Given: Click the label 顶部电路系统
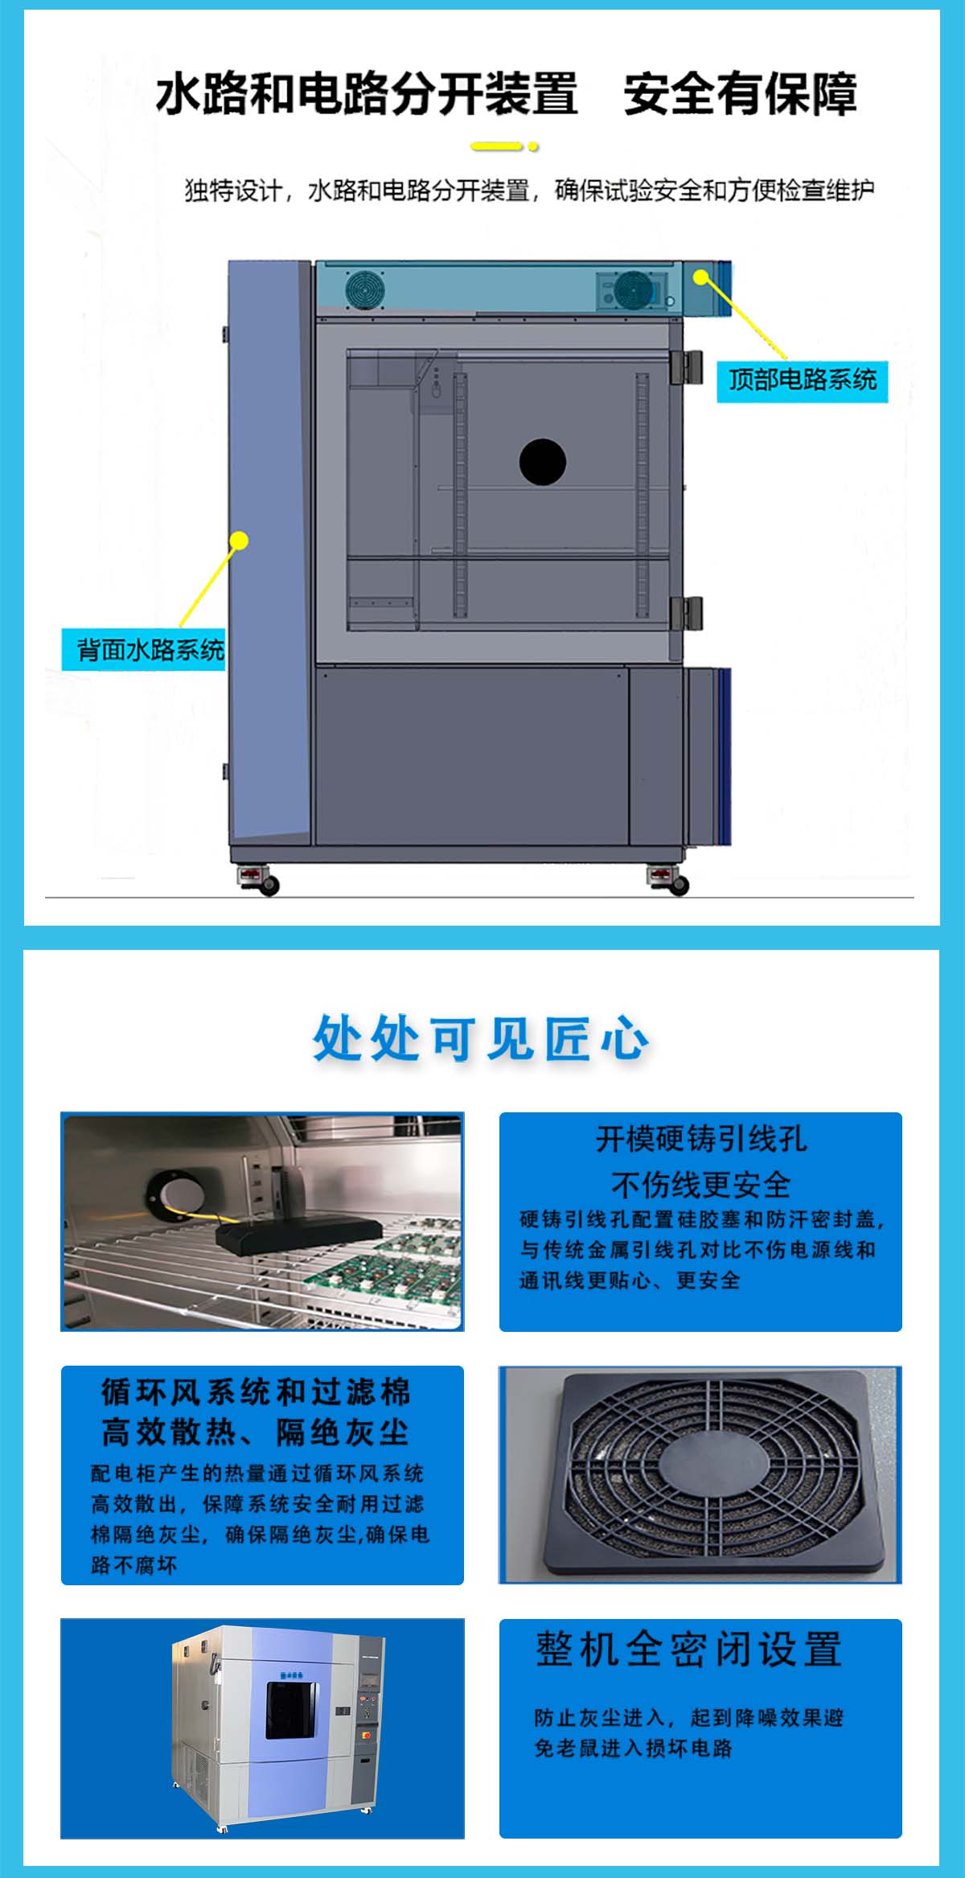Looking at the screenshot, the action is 802,380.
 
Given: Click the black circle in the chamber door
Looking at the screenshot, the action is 543,462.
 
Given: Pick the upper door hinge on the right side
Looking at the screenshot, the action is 687,368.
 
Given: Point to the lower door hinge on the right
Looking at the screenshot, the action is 687,614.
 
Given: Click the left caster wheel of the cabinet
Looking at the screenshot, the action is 269,886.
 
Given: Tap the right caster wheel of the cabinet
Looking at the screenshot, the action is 679,886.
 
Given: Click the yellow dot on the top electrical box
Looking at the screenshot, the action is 701,277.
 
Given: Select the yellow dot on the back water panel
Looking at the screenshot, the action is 239,540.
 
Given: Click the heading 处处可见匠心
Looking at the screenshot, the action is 481,1038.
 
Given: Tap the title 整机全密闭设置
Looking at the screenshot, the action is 688,1650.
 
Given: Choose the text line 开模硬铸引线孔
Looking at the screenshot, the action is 701,1139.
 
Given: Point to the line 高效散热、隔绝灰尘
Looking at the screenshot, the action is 255,1432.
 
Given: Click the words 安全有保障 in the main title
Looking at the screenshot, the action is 740,94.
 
